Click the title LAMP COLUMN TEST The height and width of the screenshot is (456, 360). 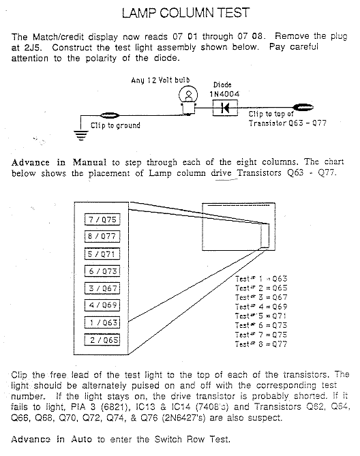[x=185, y=13]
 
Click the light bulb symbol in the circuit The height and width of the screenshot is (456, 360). [x=188, y=101]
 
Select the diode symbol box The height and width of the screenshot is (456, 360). [x=225, y=108]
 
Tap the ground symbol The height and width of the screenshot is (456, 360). [x=81, y=135]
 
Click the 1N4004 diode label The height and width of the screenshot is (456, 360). [x=224, y=94]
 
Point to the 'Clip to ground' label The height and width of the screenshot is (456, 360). [x=115, y=125]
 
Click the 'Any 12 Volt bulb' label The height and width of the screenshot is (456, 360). [x=160, y=80]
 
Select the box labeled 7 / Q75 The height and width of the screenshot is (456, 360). [x=102, y=219]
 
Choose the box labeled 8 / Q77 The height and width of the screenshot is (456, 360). [x=102, y=236]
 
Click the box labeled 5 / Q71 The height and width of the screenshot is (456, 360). [x=102, y=254]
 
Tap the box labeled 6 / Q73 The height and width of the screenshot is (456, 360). [x=102, y=271]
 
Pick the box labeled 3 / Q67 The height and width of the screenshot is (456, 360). [x=102, y=288]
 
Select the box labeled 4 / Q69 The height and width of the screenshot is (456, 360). [x=102, y=305]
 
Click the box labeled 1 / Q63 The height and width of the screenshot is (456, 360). [x=102, y=322]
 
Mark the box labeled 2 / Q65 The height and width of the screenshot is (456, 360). [x=102, y=339]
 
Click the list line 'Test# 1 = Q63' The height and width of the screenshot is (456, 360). [x=261, y=279]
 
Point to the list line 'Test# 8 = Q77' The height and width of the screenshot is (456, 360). [x=261, y=344]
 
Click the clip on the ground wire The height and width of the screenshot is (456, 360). [x=110, y=116]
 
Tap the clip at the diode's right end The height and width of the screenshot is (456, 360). [x=303, y=107]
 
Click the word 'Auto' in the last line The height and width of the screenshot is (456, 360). [x=81, y=439]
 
